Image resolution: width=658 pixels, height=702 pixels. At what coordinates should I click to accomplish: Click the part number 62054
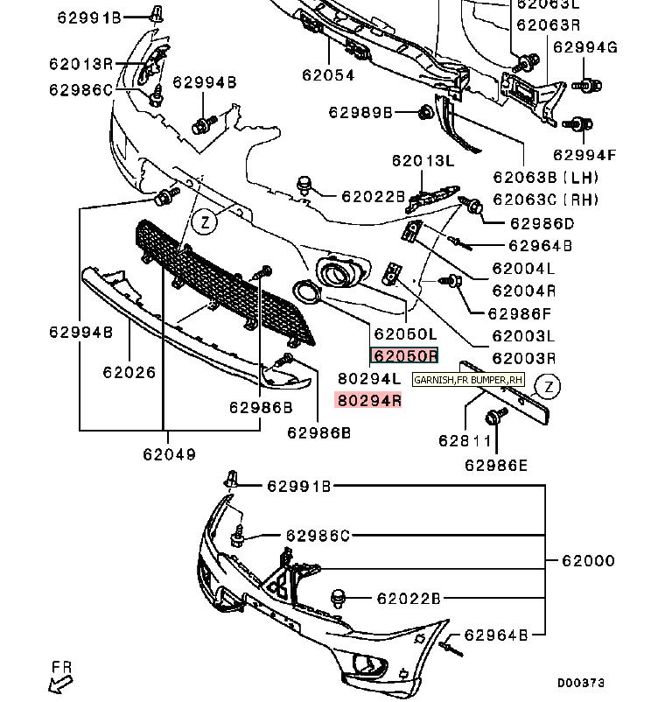[328, 75]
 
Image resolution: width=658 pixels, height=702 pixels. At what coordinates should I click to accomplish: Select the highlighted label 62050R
[404, 356]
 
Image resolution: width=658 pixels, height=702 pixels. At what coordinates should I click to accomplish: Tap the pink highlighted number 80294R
[369, 401]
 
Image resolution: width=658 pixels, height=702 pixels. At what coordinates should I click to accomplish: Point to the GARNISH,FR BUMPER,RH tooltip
[468, 380]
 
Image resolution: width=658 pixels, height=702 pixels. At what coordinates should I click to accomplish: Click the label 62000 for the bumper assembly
[587, 560]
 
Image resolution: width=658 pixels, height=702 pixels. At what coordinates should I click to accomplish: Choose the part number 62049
[169, 454]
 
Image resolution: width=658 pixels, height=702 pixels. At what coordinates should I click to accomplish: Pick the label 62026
[129, 372]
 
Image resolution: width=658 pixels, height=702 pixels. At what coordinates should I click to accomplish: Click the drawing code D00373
[581, 683]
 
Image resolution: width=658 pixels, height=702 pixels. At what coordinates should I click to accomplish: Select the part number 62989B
[360, 112]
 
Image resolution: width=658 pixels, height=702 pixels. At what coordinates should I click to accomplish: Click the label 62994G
[585, 47]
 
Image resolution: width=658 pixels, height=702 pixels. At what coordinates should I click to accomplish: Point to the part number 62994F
[584, 156]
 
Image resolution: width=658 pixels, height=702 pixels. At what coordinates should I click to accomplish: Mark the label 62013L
[423, 160]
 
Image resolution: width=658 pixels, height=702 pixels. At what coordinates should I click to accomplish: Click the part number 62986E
[496, 466]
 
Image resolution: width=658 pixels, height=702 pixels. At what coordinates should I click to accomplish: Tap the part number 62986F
[519, 313]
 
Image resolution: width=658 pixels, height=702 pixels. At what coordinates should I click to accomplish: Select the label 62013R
[80, 63]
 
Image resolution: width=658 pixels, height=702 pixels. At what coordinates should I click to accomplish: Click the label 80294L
[369, 379]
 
